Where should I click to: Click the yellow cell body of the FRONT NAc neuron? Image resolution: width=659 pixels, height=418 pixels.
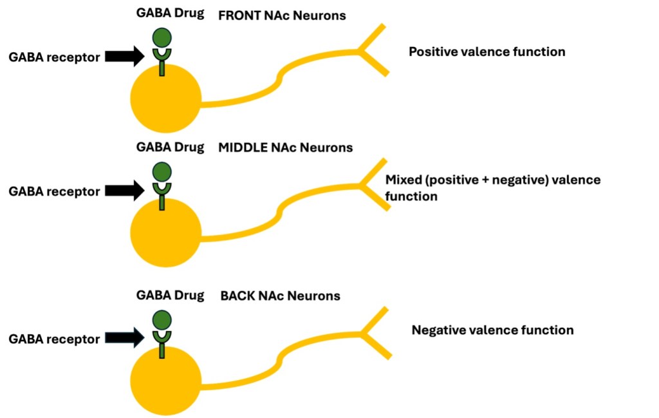pos(165,100)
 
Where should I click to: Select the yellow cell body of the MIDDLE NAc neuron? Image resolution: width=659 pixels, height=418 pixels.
pos(165,233)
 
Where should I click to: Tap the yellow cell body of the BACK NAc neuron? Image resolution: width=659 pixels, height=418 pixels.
pos(165,381)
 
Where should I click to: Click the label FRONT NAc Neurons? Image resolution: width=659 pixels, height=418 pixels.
pos(282,15)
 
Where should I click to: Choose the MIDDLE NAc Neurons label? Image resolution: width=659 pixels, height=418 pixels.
pos(285,147)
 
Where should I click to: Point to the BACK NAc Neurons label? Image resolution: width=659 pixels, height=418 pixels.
pos(280,296)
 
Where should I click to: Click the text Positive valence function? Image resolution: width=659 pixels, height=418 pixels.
pos(487,52)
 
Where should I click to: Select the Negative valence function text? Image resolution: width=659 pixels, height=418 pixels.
pos(492,330)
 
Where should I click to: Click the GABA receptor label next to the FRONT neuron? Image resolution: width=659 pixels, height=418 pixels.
pos(54,57)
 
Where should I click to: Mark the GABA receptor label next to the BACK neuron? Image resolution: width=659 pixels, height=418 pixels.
pos(54,339)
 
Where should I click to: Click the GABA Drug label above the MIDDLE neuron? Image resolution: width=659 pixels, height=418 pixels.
pos(170,147)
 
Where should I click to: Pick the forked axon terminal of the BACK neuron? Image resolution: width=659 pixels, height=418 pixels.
pos(374,332)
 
